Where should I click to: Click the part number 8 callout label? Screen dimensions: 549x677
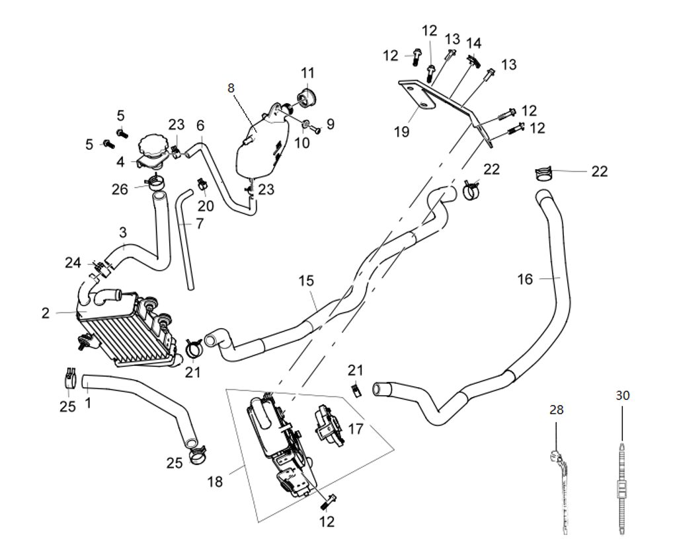[231, 87]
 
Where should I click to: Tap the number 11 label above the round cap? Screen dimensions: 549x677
[309, 72]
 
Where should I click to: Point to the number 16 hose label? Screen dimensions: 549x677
[525, 279]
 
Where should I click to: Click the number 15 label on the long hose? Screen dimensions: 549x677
[305, 281]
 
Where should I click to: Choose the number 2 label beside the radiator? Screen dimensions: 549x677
[45, 313]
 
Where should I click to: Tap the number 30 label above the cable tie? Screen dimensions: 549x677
[623, 396]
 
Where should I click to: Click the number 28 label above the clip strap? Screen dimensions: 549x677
[557, 410]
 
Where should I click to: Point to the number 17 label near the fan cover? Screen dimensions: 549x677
[356, 429]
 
